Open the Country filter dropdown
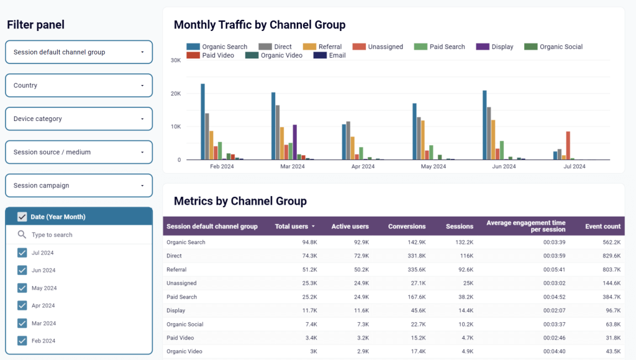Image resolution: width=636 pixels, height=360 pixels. coord(79,86)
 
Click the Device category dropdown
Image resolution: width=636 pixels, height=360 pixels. coord(79,119)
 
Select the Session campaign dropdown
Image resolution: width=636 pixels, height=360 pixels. coord(79,186)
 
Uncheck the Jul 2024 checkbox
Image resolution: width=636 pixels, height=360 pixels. coord(22,253)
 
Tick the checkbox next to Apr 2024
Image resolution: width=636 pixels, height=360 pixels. coord(22,305)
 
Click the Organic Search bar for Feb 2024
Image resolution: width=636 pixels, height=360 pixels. coord(202,122)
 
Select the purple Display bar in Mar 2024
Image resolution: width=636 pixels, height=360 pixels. coord(294,142)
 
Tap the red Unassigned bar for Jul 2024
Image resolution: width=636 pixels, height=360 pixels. coord(568,145)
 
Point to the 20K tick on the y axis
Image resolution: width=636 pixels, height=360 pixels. coord(176,94)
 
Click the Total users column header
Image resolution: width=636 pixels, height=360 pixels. coord(294,227)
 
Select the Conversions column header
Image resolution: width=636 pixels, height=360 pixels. coord(407,227)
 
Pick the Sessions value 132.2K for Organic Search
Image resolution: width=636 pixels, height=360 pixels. coord(463,242)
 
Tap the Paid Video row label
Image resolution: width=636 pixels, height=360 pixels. coord(180,338)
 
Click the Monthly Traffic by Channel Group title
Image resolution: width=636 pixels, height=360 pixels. coord(260,25)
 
